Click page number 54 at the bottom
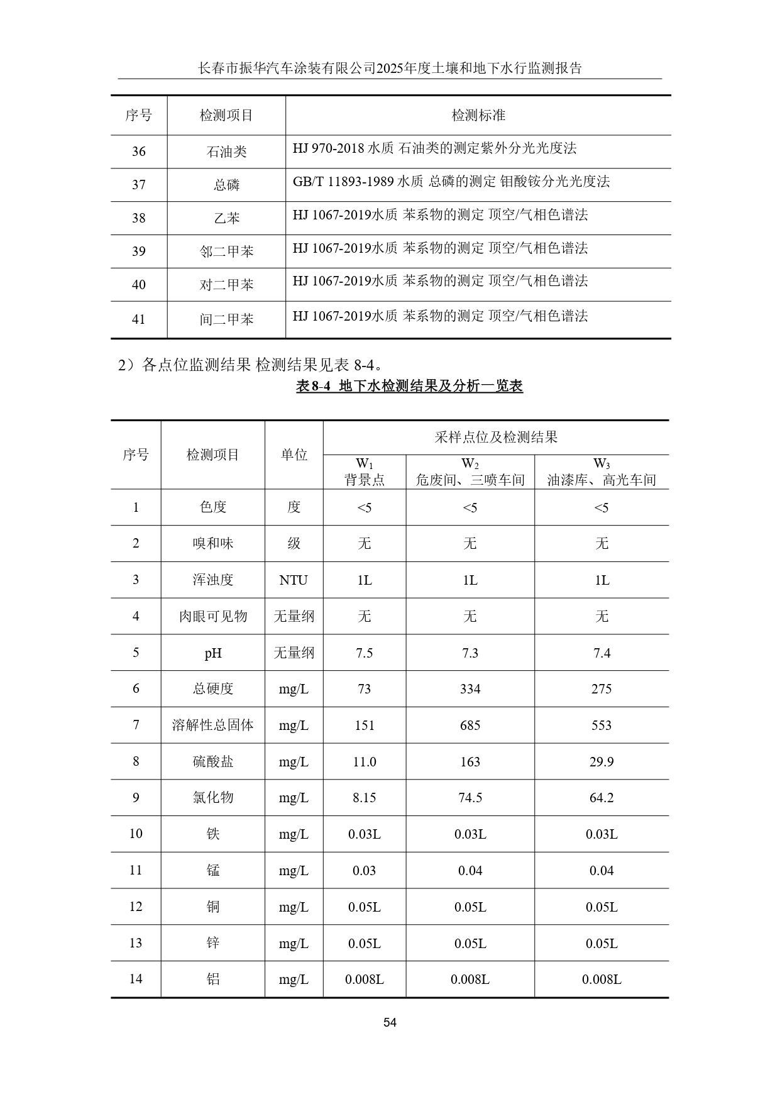pyautogui.click(x=390, y=1022)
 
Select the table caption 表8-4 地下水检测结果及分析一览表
pyautogui.click(x=409, y=386)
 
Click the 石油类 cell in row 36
pyautogui.click(x=226, y=152)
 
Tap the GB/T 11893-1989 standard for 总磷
pyautogui.click(x=451, y=182)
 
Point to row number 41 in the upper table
pyautogui.click(x=138, y=319)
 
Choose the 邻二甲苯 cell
pyautogui.click(x=226, y=251)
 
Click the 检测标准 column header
pyautogui.click(x=478, y=116)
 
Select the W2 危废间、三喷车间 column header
pyautogui.click(x=470, y=472)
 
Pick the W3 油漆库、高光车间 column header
pyautogui.click(x=601, y=472)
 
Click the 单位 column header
pyautogui.click(x=294, y=455)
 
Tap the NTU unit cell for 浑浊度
pyautogui.click(x=294, y=580)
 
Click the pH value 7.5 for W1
pyautogui.click(x=364, y=653)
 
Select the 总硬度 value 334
pyautogui.click(x=470, y=689)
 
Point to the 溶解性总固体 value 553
pyautogui.click(x=601, y=726)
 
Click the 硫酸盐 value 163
pyautogui.click(x=470, y=762)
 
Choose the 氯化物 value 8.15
pyautogui.click(x=364, y=798)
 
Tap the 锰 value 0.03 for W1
pyautogui.click(x=364, y=871)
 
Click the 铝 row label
pyautogui.click(x=213, y=979)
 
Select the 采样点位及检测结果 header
pyautogui.click(x=495, y=438)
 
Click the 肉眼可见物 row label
pyautogui.click(x=213, y=617)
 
